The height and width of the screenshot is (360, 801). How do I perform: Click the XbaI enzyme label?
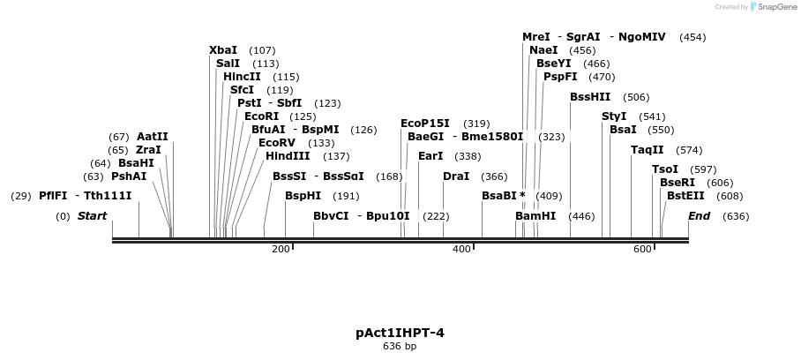pyautogui.click(x=223, y=50)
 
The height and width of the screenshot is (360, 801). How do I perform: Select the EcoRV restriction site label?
pyautogui.click(x=277, y=143)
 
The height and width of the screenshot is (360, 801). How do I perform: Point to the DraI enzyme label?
pyautogui.click(x=455, y=176)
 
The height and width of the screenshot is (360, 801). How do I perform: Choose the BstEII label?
pyautogui.click(x=685, y=196)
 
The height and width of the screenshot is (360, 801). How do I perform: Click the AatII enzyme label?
pyautogui.click(x=152, y=137)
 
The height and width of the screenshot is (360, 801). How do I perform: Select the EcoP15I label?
pyautogui.click(x=425, y=124)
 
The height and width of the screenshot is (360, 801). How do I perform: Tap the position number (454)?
pyautogui.click(x=692, y=37)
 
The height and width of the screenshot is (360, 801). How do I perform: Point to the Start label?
pyautogui.click(x=92, y=216)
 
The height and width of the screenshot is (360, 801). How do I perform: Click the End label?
pyautogui.click(x=699, y=216)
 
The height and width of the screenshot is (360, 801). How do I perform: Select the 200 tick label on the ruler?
pyautogui.click(x=281, y=250)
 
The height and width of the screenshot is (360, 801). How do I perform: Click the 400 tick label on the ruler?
pyautogui.click(x=460, y=250)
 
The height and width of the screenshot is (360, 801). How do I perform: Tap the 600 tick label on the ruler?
pyautogui.click(x=641, y=250)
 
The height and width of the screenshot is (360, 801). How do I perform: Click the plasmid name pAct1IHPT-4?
pyautogui.click(x=400, y=333)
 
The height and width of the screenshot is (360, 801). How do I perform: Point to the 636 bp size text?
pyautogui.click(x=400, y=347)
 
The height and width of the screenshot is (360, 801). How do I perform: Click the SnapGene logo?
pyautogui.click(x=774, y=7)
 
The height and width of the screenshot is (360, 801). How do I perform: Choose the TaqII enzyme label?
pyautogui.click(x=648, y=150)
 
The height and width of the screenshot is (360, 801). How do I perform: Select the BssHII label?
pyautogui.click(x=590, y=97)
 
